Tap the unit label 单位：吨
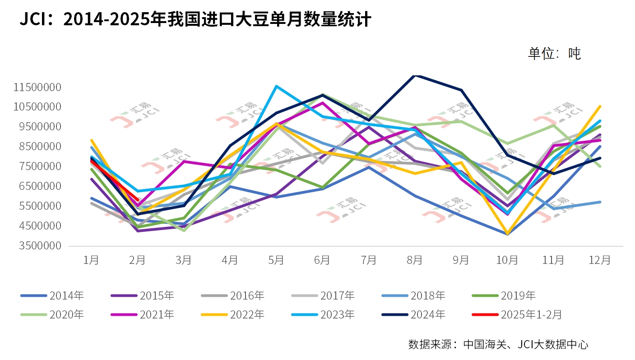[554, 54]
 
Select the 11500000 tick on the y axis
[37, 87]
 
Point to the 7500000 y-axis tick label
[37, 166]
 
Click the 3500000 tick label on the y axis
[37, 246]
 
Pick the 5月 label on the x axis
[276, 260]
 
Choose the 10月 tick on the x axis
[507, 260]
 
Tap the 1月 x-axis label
[91, 260]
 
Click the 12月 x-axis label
[600, 260]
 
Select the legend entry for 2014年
[66, 296]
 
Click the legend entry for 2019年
[518, 296]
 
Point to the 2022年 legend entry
[247, 314]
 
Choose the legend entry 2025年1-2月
[531, 314]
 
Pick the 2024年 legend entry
[427, 314]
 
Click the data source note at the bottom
[498, 344]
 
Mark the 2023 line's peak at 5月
[276, 86]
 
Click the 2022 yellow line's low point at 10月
[507, 234]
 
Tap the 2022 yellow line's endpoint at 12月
[600, 106]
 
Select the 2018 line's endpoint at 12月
[600, 202]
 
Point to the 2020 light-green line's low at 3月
[184, 231]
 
